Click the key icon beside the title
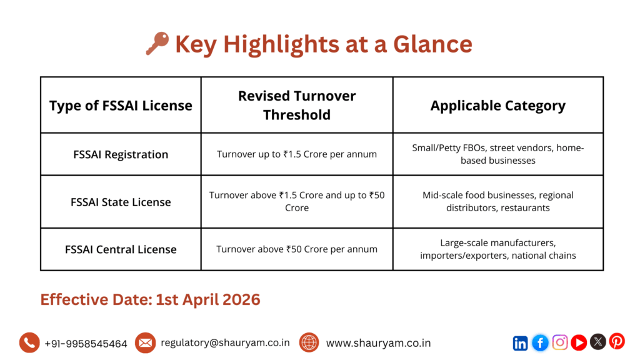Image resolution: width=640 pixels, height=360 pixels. [157, 44]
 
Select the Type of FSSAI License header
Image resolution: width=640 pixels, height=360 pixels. [121, 106]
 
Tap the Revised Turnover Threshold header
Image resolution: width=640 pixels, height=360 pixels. [297, 105]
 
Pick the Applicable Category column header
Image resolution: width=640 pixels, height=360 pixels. [497, 106]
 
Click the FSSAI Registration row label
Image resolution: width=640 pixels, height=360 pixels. [121, 154]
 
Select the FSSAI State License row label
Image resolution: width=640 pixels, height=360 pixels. [121, 202]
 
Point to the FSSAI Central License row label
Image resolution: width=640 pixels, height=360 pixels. [121, 249]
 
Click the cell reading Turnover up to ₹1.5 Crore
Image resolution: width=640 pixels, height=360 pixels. [297, 154]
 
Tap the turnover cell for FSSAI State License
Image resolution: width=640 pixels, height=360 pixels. [297, 201]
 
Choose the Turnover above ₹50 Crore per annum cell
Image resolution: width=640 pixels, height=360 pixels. [297, 249]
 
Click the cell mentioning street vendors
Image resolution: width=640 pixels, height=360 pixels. [497, 154]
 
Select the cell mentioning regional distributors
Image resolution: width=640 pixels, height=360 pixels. [497, 201]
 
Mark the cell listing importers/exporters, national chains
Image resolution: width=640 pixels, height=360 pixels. [497, 249]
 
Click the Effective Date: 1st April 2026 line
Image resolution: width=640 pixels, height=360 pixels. [150, 299]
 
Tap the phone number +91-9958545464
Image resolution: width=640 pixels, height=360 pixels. [86, 343]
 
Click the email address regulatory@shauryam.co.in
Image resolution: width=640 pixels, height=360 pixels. [225, 342]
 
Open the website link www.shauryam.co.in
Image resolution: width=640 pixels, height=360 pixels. [378, 342]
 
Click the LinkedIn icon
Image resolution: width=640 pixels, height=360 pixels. [520, 342]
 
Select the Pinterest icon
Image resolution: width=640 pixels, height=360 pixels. [617, 341]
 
